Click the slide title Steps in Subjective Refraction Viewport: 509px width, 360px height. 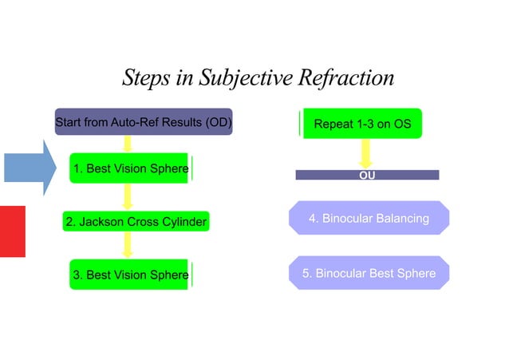tap(258, 78)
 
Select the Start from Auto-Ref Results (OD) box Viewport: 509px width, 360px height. tap(143, 122)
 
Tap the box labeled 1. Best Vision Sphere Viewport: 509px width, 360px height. tap(129, 168)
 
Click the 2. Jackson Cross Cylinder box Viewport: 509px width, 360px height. tap(136, 222)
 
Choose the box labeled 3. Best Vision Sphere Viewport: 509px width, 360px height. tap(129, 275)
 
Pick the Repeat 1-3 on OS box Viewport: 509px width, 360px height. tap(362, 125)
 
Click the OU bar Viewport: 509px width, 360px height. tap(367, 175)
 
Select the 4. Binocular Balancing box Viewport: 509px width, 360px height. tap(369, 218)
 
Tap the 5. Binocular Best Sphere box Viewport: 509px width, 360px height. tap(369, 273)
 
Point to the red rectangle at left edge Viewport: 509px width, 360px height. tap(12, 231)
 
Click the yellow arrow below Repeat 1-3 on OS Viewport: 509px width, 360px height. tap(366, 153)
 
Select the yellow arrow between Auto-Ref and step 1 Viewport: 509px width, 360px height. tap(127, 144)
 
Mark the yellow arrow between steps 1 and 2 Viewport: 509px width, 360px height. tap(127, 196)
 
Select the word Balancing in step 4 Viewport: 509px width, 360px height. tap(401, 218)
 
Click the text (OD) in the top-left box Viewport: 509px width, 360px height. tap(217, 122)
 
